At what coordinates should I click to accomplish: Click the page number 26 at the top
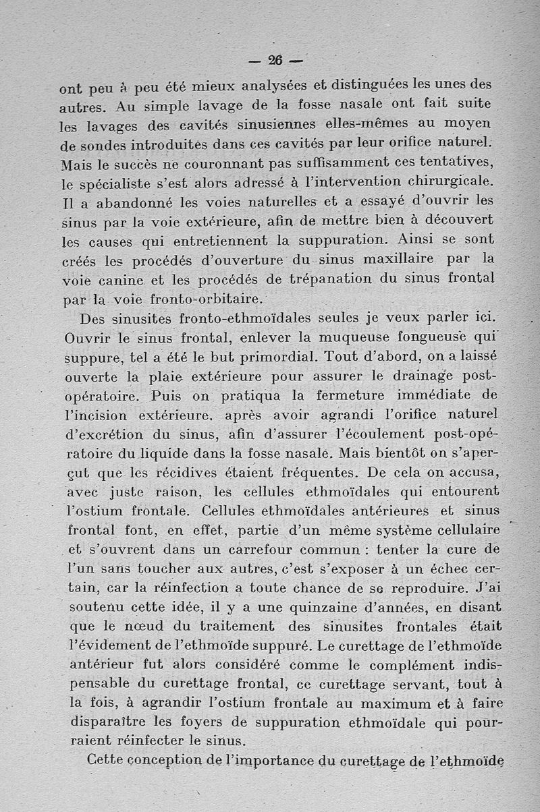pos(275,59)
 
